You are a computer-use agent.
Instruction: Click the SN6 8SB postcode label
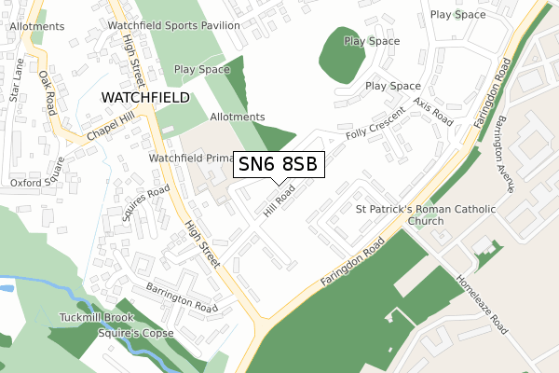pyautogui.click(x=279, y=164)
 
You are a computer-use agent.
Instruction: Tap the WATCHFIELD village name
pyautogui.click(x=144, y=97)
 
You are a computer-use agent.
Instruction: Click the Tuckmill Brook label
pyautogui.click(x=99, y=317)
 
